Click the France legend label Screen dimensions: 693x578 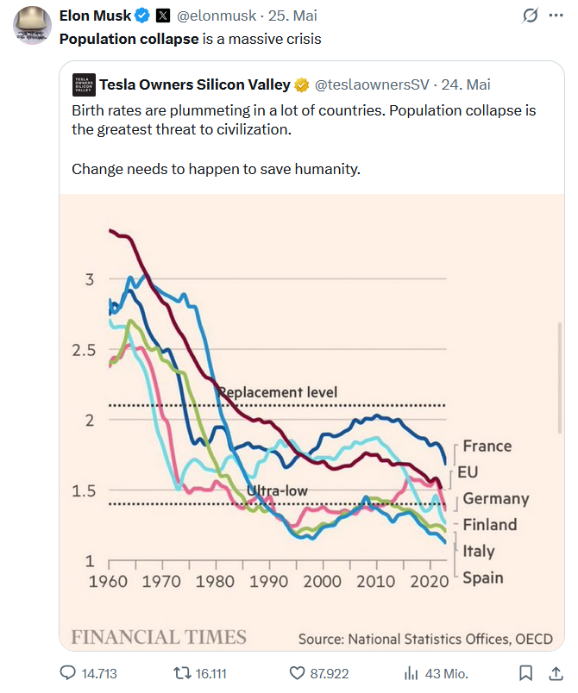pyautogui.click(x=487, y=446)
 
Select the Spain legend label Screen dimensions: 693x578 pyautogui.click(x=482, y=577)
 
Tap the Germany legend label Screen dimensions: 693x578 pyautogui.click(x=495, y=498)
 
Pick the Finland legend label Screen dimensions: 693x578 pyautogui.click(x=489, y=524)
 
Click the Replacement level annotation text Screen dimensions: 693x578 pyautogui.click(x=277, y=392)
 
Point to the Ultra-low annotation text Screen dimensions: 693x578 pyautogui.click(x=277, y=491)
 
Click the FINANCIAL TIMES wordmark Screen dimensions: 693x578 pyautogui.click(x=159, y=637)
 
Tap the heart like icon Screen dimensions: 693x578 pyautogui.click(x=297, y=672)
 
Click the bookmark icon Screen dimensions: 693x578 pyautogui.click(x=525, y=672)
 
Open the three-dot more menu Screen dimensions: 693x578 pyautogui.click(x=556, y=16)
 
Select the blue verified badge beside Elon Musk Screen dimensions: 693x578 pyautogui.click(x=142, y=16)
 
